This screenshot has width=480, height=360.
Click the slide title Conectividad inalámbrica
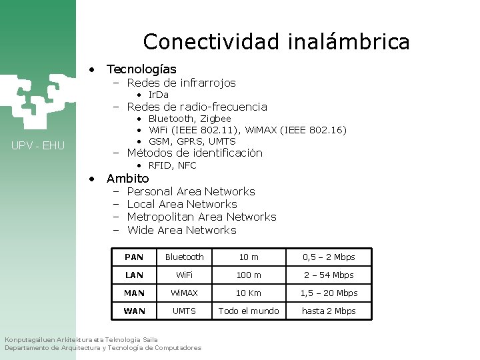(x=276, y=42)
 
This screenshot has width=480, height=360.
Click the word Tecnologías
(x=141, y=69)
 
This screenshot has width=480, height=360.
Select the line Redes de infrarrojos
(x=181, y=83)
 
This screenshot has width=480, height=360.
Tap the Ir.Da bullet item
(x=158, y=95)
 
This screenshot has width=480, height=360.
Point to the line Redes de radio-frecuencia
(x=197, y=107)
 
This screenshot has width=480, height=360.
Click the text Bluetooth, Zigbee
(x=189, y=119)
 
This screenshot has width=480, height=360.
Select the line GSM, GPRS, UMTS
(x=192, y=141)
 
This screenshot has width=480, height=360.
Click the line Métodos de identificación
(x=194, y=153)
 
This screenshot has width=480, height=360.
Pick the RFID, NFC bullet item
(x=172, y=165)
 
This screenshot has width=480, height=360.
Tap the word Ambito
(x=128, y=179)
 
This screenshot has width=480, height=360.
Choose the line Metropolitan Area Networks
(x=201, y=217)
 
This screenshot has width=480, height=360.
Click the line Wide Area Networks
(x=181, y=230)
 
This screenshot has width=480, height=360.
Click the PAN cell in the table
(x=134, y=257)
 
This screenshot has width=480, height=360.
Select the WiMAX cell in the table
(x=185, y=293)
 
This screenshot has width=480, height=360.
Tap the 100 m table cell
(x=249, y=275)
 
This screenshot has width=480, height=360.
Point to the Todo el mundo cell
(x=249, y=311)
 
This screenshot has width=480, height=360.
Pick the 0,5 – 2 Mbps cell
(x=329, y=257)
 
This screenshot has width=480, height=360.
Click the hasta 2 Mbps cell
(x=329, y=311)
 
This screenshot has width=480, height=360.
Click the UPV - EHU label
(x=38, y=145)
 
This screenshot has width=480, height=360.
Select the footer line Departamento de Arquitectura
(x=103, y=348)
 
